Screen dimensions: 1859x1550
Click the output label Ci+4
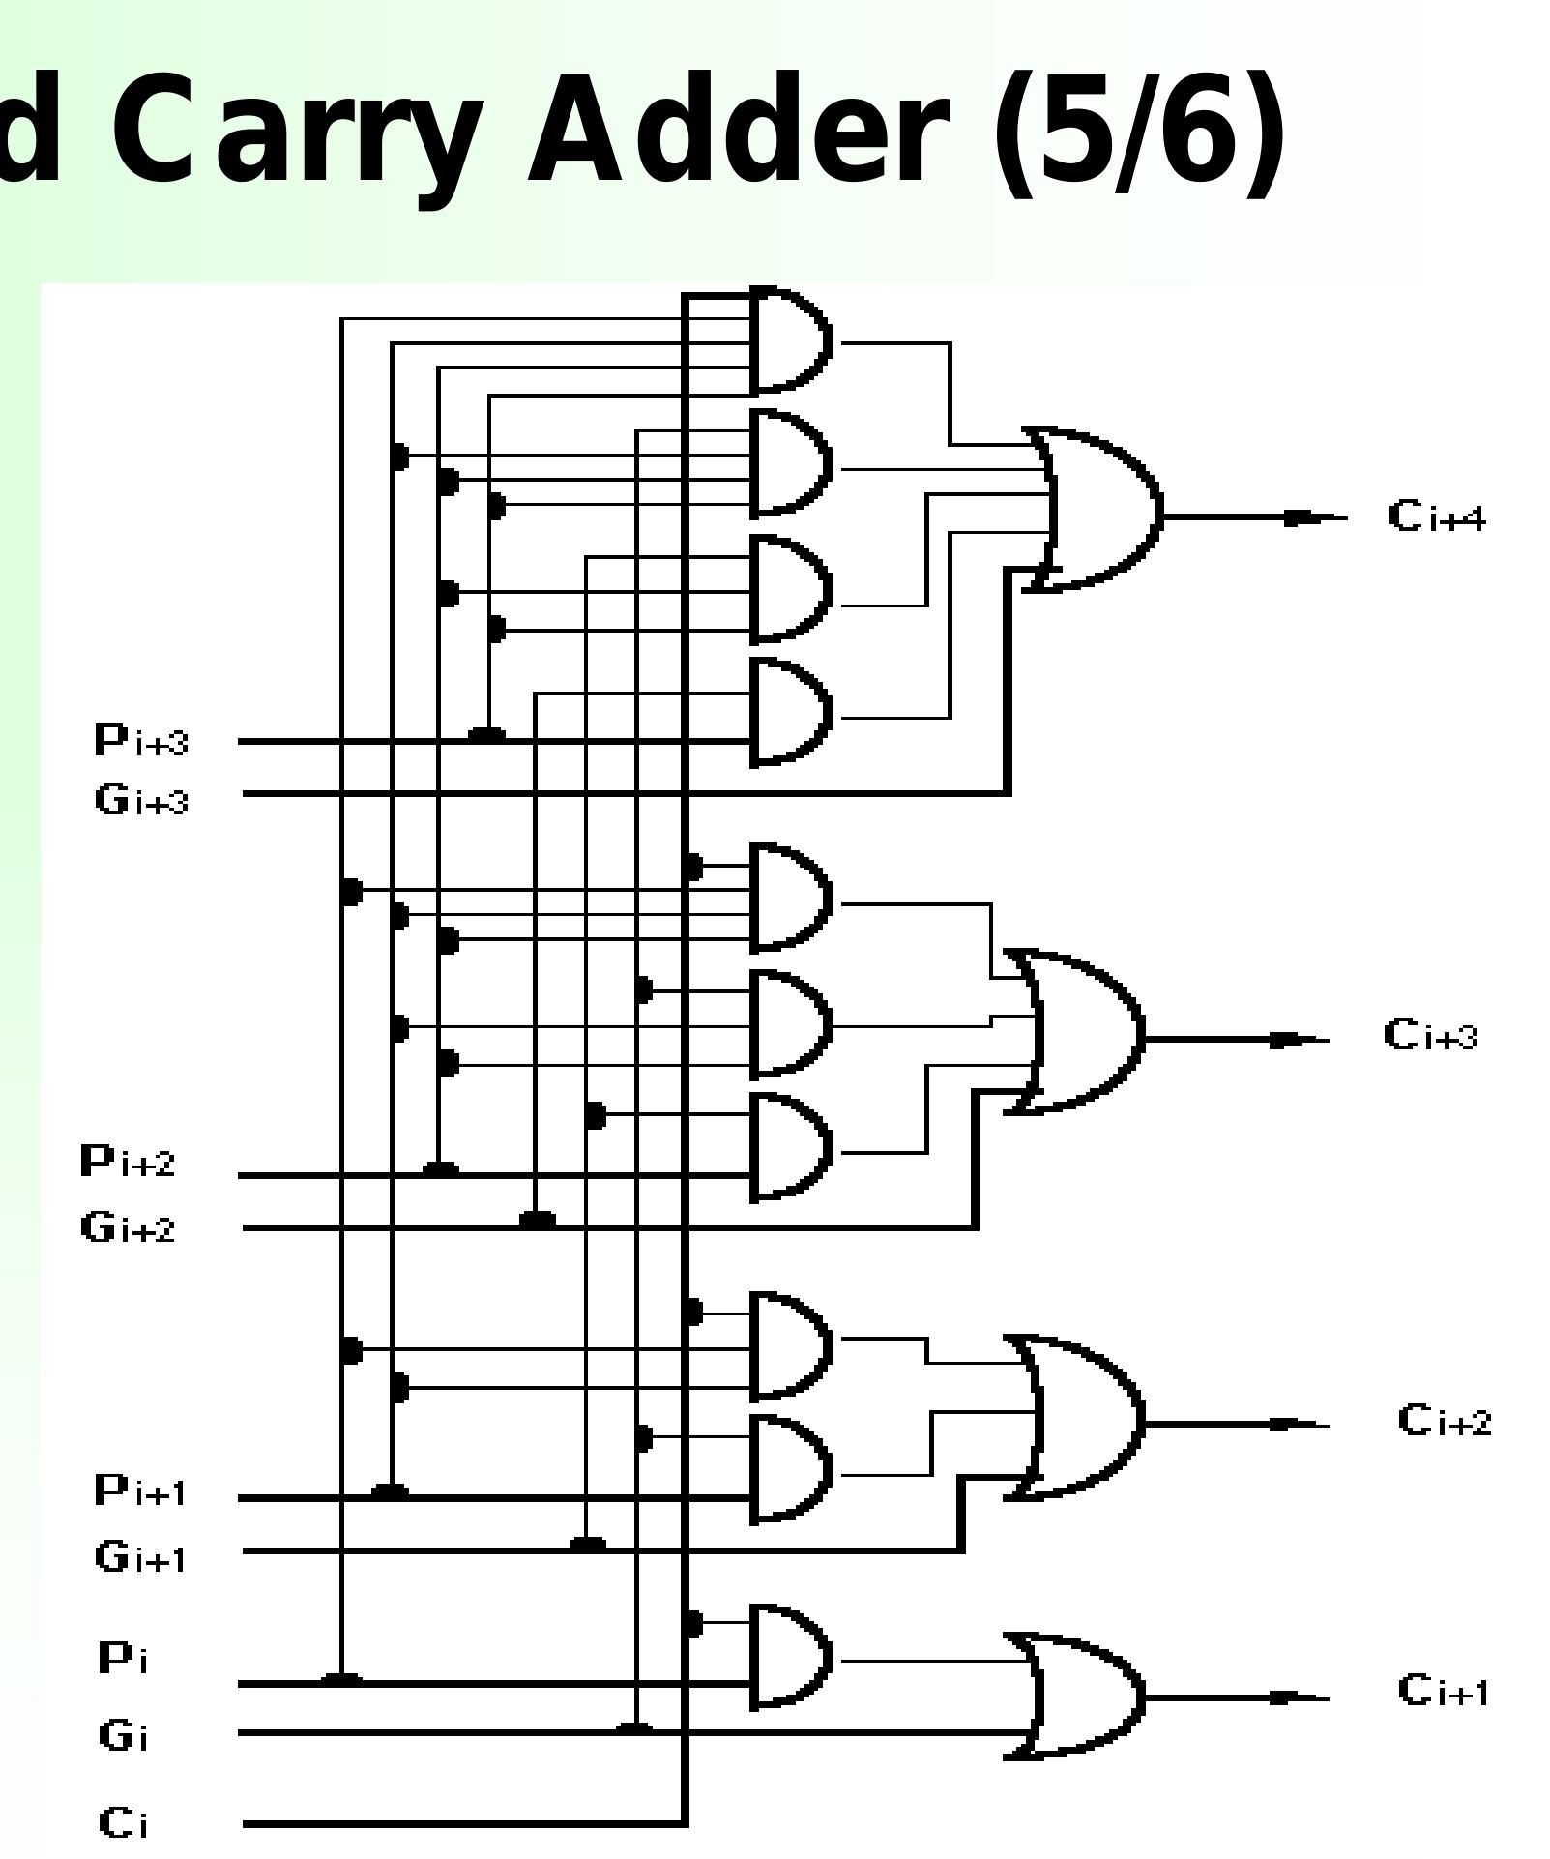(x=1436, y=517)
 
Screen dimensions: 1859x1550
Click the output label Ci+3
(x=1430, y=1035)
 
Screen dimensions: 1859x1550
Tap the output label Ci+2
(x=1444, y=1421)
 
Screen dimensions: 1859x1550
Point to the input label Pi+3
(x=141, y=741)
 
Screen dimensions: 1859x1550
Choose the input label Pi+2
(x=128, y=1161)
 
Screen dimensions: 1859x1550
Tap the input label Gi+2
(x=128, y=1227)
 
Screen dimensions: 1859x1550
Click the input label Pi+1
(x=140, y=1490)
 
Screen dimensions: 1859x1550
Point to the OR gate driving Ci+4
(x=1097, y=510)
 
